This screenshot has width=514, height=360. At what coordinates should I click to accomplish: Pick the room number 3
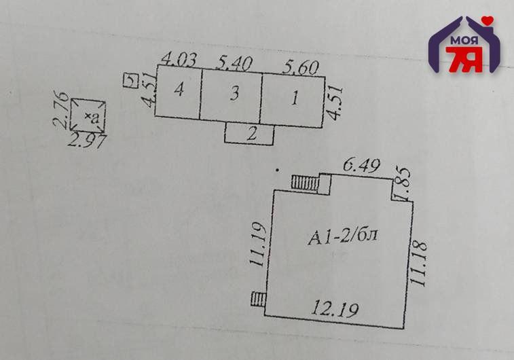coord(234,94)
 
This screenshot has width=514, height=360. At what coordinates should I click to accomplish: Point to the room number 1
coord(294,98)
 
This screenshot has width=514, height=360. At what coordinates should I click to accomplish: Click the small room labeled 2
coord(251,134)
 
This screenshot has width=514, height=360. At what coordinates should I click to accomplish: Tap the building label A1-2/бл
coord(342,236)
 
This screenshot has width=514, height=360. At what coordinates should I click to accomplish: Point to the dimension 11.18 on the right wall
coord(420,264)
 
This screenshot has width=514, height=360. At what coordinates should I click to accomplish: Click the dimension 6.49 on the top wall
coord(361,165)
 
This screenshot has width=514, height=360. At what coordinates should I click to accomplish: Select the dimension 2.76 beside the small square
coord(60,113)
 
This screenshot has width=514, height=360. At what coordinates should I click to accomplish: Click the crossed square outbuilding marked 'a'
coord(88,115)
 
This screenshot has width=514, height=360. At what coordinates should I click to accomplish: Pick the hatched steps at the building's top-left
coord(310,182)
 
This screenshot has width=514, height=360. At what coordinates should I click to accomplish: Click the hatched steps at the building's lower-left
coord(258,298)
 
